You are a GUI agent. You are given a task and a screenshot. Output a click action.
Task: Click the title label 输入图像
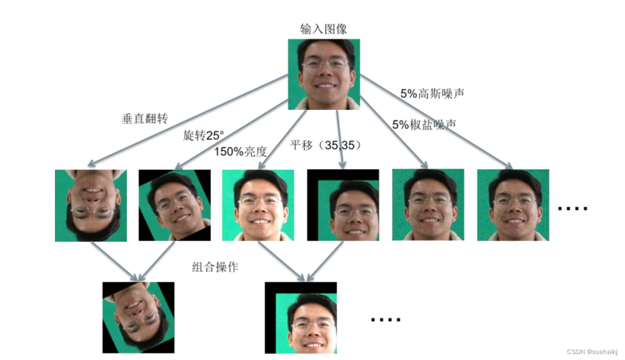(x=324, y=29)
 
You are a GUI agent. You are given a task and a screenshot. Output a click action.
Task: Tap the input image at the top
(x=324, y=74)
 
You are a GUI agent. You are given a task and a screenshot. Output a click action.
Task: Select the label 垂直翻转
(x=144, y=119)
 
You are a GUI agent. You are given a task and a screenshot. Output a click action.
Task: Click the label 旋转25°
(x=203, y=135)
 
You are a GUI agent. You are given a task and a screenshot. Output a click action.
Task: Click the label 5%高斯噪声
(x=432, y=93)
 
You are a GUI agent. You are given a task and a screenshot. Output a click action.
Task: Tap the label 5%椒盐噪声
(x=424, y=125)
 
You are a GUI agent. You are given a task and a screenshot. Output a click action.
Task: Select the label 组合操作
(x=215, y=268)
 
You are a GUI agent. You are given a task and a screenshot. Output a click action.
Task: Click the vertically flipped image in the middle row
(x=91, y=205)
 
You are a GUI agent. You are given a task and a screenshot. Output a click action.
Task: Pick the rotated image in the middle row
(x=174, y=205)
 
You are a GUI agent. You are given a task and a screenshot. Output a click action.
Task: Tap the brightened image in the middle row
(x=258, y=205)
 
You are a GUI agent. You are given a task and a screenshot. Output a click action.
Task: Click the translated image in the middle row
(x=343, y=205)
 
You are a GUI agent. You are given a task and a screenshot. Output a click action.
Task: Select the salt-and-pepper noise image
(x=428, y=205)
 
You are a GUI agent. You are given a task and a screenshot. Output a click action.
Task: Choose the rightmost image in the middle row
(x=513, y=205)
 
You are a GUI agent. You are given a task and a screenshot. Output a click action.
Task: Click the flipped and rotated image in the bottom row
(x=138, y=317)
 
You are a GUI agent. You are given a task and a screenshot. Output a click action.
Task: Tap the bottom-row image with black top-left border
(x=300, y=317)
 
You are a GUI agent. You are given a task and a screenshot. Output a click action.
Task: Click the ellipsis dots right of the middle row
(x=573, y=208)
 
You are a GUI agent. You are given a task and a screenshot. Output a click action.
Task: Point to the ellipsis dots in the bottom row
(x=385, y=319)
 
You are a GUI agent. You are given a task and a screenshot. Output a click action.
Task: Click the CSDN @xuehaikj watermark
(x=592, y=352)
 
